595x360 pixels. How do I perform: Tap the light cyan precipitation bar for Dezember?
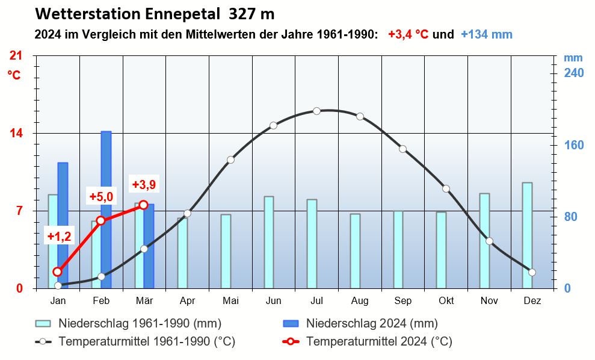527,235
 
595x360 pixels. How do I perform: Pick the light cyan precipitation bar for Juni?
269,242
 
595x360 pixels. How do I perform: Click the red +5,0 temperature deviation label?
101,197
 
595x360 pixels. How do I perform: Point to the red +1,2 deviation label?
59,237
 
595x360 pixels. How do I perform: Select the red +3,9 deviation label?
144,184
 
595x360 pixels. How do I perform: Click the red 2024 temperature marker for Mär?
143,205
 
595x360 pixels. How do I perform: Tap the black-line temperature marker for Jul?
316,111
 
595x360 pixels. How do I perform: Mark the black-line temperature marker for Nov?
489,241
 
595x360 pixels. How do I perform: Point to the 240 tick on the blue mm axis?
574,73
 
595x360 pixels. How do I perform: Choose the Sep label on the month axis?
402,301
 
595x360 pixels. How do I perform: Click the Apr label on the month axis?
187,301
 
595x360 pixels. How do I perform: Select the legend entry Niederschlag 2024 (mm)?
372,324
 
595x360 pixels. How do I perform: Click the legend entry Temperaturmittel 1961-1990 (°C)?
146,342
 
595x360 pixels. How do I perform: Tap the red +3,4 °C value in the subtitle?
408,34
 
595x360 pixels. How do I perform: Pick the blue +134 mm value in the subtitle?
486,34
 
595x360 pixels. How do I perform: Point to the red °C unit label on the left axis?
14,75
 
